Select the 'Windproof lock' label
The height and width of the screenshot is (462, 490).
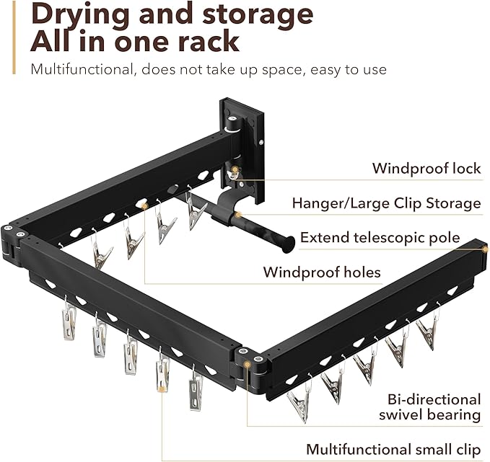[426, 169]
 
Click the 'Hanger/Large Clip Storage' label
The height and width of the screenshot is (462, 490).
[386, 203]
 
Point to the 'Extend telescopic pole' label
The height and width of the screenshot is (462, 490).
[390, 237]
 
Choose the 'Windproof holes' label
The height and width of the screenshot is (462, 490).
[321, 272]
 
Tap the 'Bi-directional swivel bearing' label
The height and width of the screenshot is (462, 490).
[430, 407]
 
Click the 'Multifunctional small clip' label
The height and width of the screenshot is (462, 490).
[393, 449]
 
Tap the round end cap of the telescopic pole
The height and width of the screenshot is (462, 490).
[289, 244]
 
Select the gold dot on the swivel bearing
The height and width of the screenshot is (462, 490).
[248, 364]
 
